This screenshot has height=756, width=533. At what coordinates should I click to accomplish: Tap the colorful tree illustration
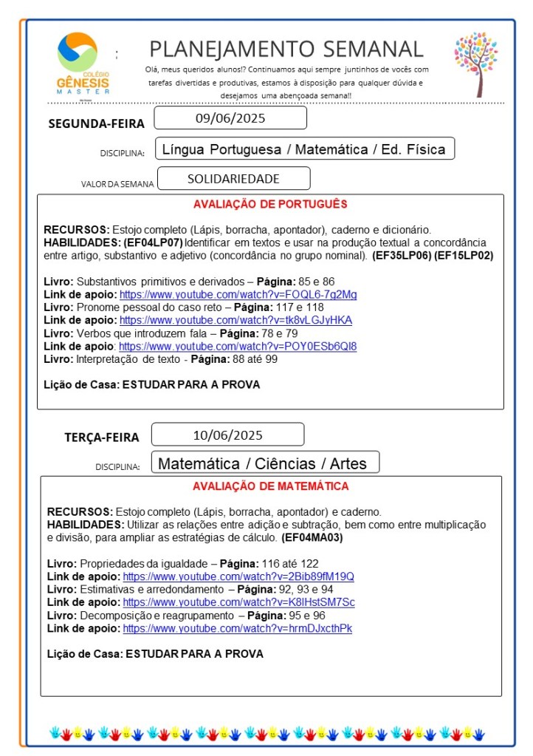475,64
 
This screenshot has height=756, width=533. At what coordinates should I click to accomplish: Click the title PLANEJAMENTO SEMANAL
286,49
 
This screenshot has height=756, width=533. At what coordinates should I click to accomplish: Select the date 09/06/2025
230,118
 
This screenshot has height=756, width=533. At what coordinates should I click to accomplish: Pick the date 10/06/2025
227,435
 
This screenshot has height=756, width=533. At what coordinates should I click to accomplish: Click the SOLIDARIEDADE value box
233,179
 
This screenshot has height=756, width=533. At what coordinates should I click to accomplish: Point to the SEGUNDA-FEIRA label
96,123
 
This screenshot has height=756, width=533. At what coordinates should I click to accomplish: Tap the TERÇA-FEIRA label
101,437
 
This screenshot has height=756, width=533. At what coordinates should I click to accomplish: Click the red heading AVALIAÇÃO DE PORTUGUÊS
270,204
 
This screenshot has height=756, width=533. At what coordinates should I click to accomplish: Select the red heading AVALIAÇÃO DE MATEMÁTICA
270,486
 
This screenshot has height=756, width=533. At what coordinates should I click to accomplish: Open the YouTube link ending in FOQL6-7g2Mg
238,294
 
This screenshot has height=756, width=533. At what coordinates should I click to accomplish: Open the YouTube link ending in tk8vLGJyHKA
235,320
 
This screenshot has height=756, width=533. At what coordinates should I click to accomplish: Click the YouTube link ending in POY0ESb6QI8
238,346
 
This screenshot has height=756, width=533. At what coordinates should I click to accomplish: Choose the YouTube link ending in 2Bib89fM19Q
238,576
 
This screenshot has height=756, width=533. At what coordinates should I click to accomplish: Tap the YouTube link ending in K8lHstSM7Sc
238,602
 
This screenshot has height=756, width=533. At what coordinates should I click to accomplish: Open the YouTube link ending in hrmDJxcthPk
237,628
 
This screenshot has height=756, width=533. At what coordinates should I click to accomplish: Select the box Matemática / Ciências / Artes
265,463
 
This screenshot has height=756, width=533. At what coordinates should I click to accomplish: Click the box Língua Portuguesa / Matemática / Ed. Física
304,149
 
